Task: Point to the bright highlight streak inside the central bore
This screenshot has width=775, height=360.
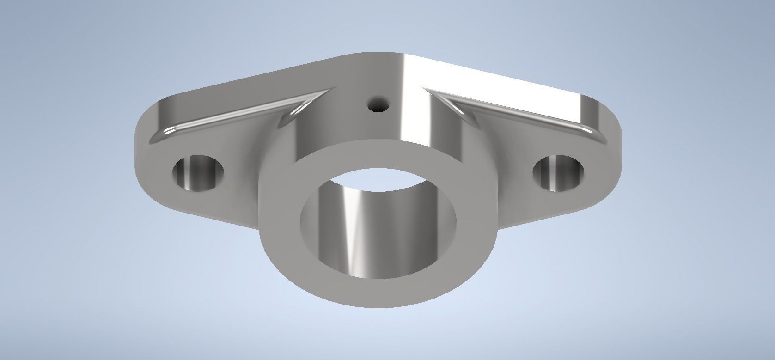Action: (x=354, y=231)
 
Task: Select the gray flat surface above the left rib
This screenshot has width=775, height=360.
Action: (x=259, y=85)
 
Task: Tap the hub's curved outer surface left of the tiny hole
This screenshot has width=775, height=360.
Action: (x=333, y=120)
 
